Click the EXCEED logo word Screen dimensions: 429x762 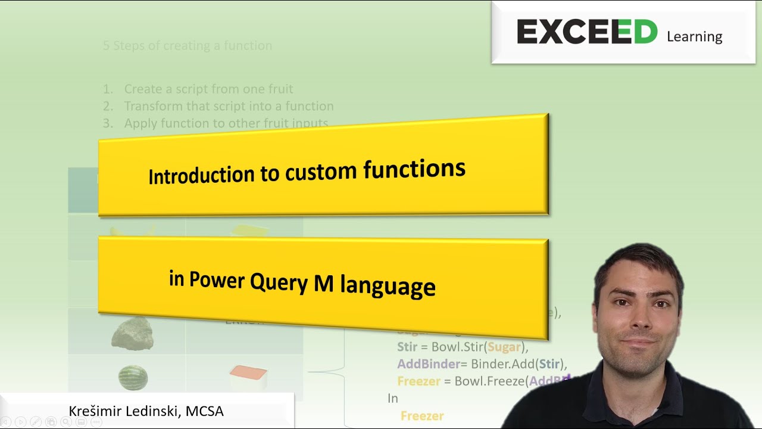click(586, 32)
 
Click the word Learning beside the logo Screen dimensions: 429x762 click(694, 36)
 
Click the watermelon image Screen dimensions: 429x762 click(132, 377)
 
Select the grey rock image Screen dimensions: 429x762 click(132, 332)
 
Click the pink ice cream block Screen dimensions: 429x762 click(248, 375)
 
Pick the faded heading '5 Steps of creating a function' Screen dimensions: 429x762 click(188, 46)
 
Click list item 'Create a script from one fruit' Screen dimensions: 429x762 click(208, 89)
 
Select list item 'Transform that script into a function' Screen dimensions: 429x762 click(229, 107)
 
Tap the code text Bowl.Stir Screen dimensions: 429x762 click(457, 347)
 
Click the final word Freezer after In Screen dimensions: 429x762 click(422, 416)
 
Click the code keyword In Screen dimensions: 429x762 click(393, 398)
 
